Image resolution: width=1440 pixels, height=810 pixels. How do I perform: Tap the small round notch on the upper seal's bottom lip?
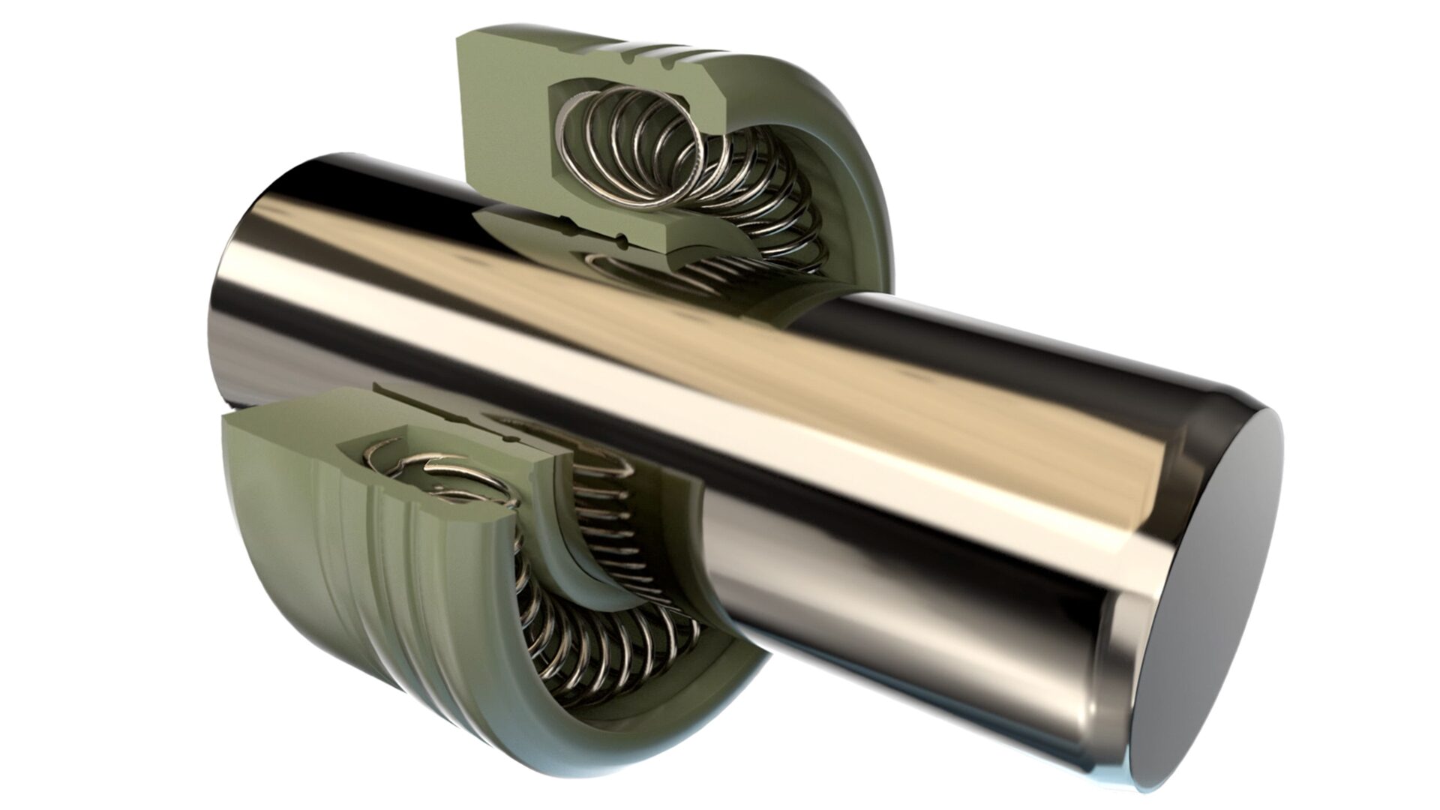[x=622, y=241]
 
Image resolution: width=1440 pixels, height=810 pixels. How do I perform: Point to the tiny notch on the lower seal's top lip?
[x=510, y=436]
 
